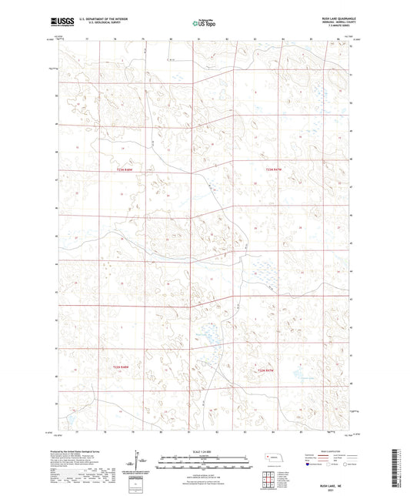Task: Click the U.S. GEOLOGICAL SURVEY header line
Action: [111, 23]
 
